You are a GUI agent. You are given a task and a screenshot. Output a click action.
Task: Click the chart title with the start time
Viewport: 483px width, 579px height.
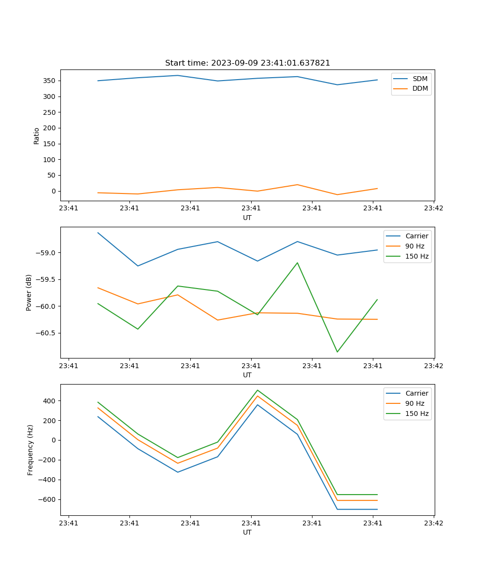(247, 63)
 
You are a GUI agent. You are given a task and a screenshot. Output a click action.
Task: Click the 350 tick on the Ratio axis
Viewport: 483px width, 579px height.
(50, 81)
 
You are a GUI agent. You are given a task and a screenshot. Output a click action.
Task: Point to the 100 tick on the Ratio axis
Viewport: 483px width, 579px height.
(50, 160)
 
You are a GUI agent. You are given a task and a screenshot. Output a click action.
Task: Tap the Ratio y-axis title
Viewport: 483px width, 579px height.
(37, 135)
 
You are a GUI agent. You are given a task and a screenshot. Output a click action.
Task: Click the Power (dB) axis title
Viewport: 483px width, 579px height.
(29, 292)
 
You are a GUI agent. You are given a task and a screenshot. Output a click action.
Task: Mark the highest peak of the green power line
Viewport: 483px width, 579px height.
(297, 263)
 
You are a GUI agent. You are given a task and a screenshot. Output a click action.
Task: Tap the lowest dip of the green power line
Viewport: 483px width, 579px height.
(337, 352)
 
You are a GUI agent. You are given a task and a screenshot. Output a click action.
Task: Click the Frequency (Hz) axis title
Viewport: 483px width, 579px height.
(30, 450)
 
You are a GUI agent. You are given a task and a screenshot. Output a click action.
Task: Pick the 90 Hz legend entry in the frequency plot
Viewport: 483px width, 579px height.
(414, 403)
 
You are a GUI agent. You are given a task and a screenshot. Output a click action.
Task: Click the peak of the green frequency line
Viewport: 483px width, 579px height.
(257, 390)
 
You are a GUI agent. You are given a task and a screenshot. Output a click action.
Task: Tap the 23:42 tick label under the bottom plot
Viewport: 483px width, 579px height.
(433, 523)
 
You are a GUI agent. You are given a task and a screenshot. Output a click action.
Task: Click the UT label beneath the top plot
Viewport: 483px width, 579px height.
(247, 218)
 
